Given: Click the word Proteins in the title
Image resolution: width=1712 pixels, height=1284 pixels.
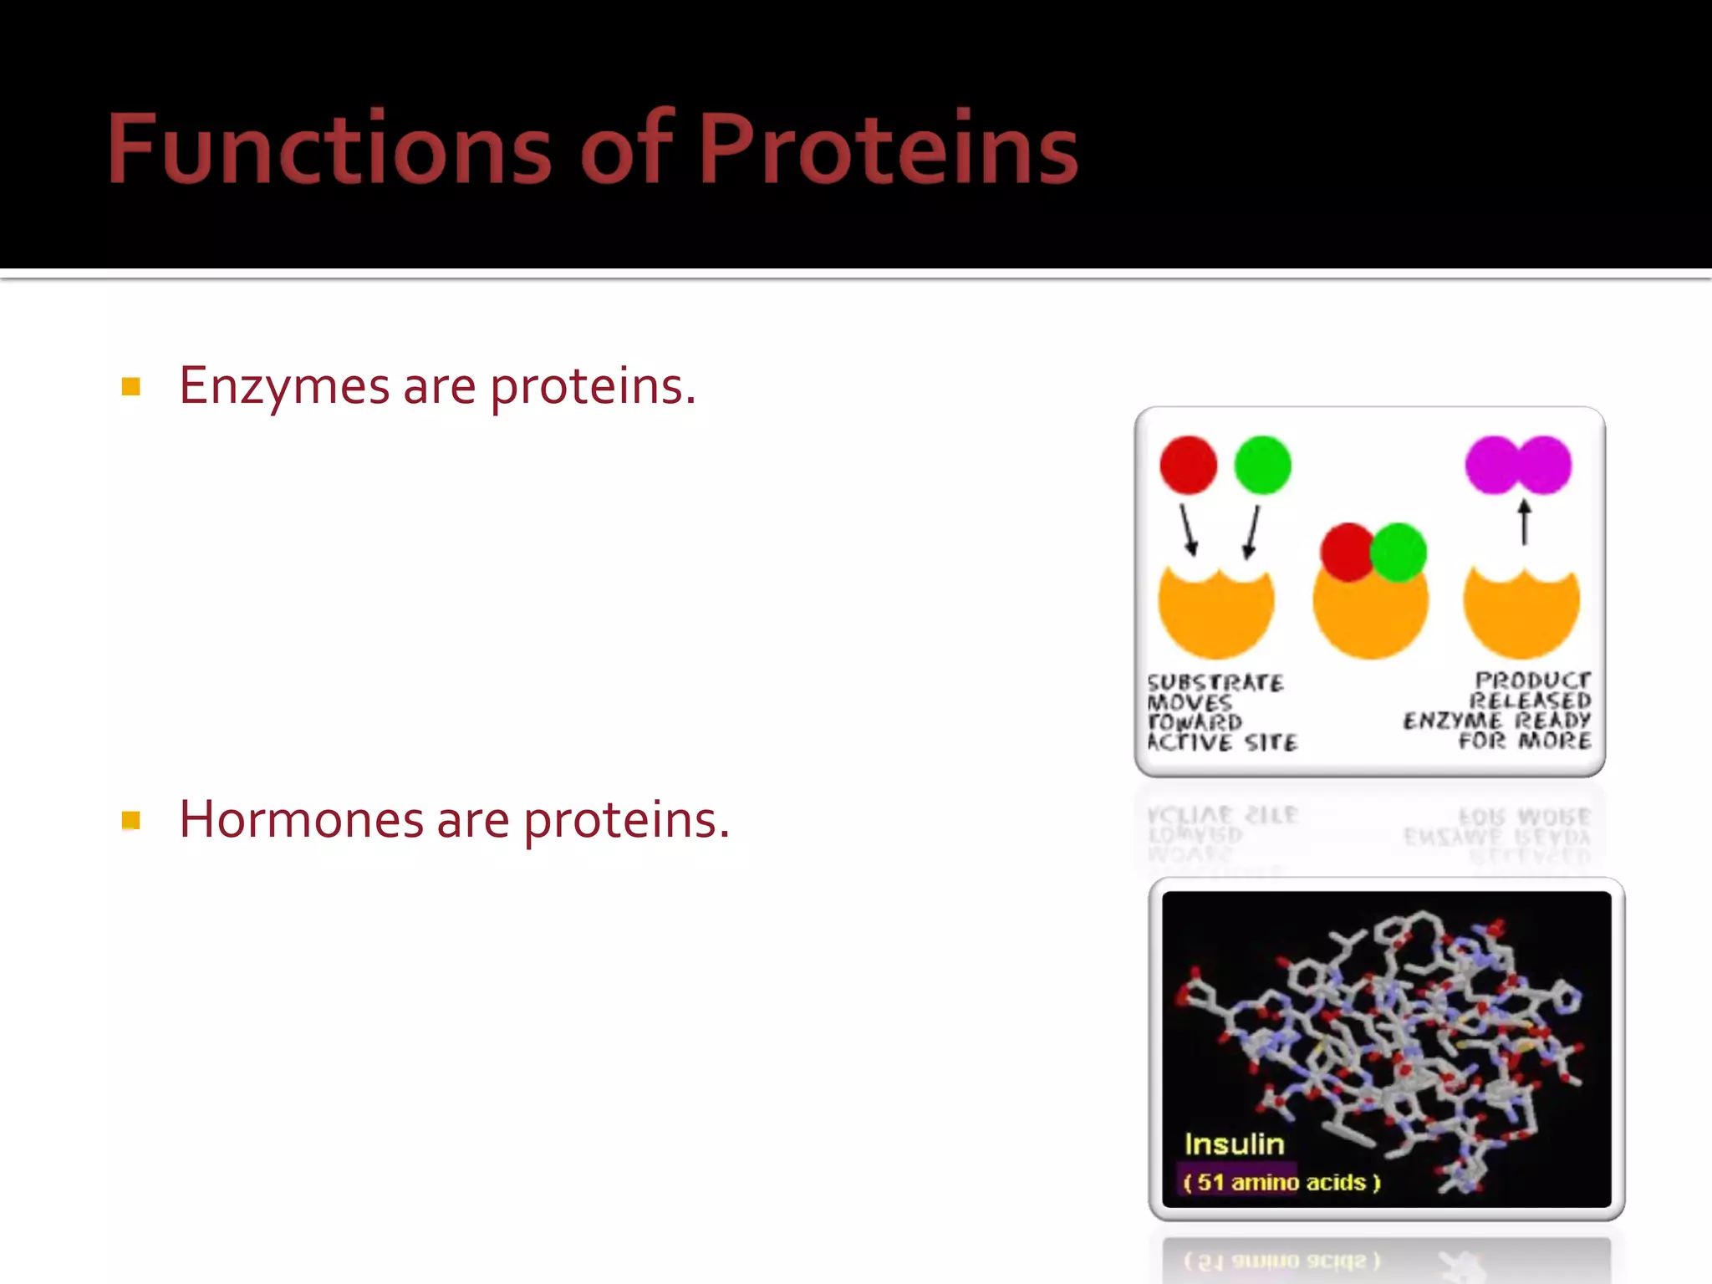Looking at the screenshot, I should [888, 149].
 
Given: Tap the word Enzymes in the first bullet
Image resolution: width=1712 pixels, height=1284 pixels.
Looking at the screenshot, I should [284, 386].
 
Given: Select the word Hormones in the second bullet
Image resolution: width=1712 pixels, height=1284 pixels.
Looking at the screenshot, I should [301, 819].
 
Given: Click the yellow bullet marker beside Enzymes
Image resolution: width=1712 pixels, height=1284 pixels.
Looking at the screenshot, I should [130, 386].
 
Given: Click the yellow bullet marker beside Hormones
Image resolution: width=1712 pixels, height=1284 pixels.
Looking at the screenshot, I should [130, 820].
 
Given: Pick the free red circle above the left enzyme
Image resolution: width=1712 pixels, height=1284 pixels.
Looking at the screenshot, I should [1188, 465].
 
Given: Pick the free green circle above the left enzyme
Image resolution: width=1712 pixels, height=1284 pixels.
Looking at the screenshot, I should [1262, 465].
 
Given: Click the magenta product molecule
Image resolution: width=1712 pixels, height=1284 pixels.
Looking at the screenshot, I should [1518, 465].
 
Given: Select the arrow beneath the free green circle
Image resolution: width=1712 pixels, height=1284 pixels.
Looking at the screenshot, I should [1251, 532].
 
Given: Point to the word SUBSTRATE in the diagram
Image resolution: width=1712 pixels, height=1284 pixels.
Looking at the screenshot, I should [1215, 683].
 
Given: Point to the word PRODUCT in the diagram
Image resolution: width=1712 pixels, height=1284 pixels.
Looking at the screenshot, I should [1532, 680].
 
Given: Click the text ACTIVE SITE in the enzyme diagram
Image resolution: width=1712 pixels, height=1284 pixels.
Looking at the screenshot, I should [1222, 742].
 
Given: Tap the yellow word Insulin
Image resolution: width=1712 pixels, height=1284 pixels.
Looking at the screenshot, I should [1234, 1144].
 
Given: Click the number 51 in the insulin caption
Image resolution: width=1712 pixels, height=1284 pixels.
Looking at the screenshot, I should [1210, 1182].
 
